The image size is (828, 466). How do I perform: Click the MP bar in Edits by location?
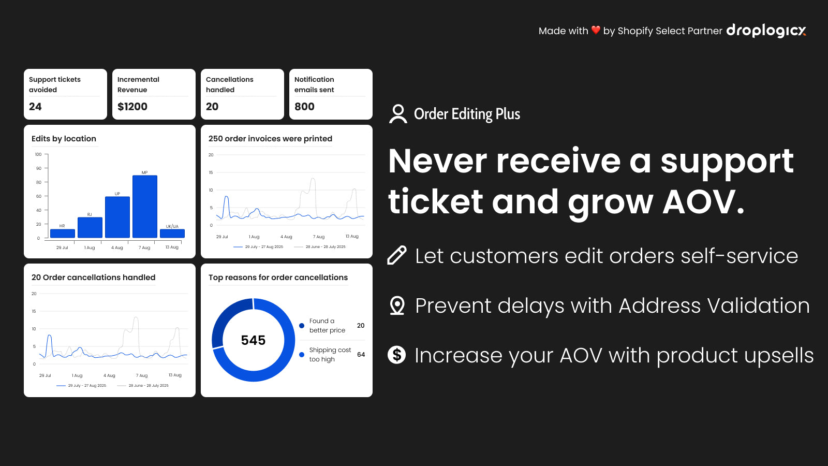pyautogui.click(x=145, y=207)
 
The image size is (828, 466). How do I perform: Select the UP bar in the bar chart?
pyautogui.click(x=117, y=217)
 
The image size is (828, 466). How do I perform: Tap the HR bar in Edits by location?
pyautogui.click(x=63, y=234)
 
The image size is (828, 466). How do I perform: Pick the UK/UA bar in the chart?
pyautogui.click(x=172, y=234)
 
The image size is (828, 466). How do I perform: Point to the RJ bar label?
pyautogui.click(x=90, y=214)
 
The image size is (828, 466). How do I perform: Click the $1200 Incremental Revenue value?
pyautogui.click(x=132, y=107)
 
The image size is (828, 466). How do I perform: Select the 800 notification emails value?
pyautogui.click(x=304, y=107)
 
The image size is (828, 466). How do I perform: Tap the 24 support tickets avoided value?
pyautogui.click(x=35, y=107)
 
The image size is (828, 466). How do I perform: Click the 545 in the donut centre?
pyautogui.click(x=253, y=340)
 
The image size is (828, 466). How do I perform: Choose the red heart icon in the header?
pyautogui.click(x=596, y=30)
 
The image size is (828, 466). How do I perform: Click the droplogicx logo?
pyautogui.click(x=766, y=31)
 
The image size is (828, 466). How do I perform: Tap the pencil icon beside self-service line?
pyautogui.click(x=397, y=255)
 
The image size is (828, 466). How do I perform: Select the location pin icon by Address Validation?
pyautogui.click(x=397, y=305)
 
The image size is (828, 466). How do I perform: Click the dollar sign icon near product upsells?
pyautogui.click(x=396, y=355)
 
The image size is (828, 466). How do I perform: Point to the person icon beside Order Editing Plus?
pyautogui.click(x=398, y=113)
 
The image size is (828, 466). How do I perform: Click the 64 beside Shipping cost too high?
pyautogui.click(x=361, y=354)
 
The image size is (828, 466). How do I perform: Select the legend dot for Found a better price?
pyautogui.click(x=302, y=326)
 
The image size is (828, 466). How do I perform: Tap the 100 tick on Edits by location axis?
pyautogui.click(x=38, y=154)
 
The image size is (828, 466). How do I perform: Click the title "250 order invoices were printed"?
pyautogui.click(x=270, y=139)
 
